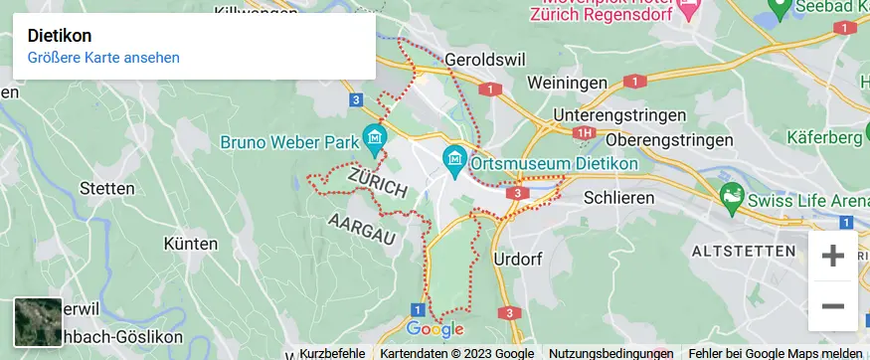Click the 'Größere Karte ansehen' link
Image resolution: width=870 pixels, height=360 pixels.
(103, 58)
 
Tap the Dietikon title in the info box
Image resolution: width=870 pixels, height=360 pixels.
(60, 35)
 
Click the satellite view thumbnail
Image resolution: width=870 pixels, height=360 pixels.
(38, 321)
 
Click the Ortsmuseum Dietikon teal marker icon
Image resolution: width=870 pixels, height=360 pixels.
(455, 157)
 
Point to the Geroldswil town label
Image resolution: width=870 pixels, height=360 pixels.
(485, 59)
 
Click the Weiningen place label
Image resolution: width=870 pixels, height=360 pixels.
(568, 82)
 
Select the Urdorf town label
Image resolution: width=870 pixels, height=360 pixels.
(518, 260)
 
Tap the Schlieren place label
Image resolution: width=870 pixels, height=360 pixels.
(619, 198)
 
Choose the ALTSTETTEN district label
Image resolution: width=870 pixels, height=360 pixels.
(747, 249)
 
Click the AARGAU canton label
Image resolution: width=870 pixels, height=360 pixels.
(361, 229)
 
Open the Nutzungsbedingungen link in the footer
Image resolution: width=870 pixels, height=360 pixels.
(610, 353)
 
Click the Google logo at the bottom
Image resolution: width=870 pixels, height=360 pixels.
(435, 329)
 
